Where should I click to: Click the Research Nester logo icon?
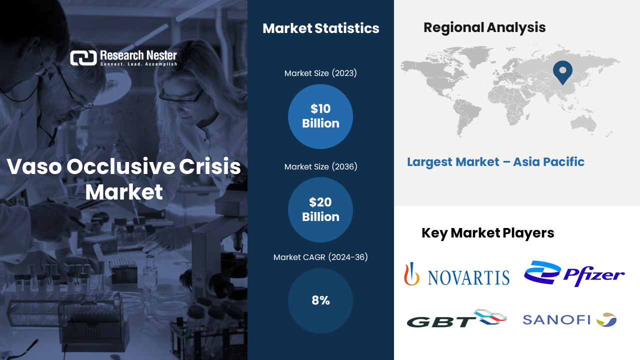click(x=83, y=58)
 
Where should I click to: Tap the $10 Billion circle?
click(x=320, y=116)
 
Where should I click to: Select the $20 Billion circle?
click(x=320, y=209)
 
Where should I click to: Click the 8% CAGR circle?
click(x=320, y=300)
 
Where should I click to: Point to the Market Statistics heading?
click(x=321, y=28)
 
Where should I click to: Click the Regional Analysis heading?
click(x=484, y=27)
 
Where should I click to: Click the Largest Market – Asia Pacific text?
click(x=495, y=162)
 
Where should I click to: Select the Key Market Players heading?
click(x=487, y=233)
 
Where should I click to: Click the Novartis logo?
click(x=456, y=274)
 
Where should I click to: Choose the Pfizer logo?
click(x=574, y=273)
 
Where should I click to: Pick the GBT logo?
click(x=456, y=318)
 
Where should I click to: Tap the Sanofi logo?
click(x=569, y=319)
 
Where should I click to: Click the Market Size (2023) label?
click(x=320, y=73)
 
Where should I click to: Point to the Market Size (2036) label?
click(x=320, y=166)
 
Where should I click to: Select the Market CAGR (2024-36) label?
click(x=320, y=257)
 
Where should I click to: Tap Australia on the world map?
click(x=583, y=124)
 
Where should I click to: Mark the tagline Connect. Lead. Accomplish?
click(x=138, y=64)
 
